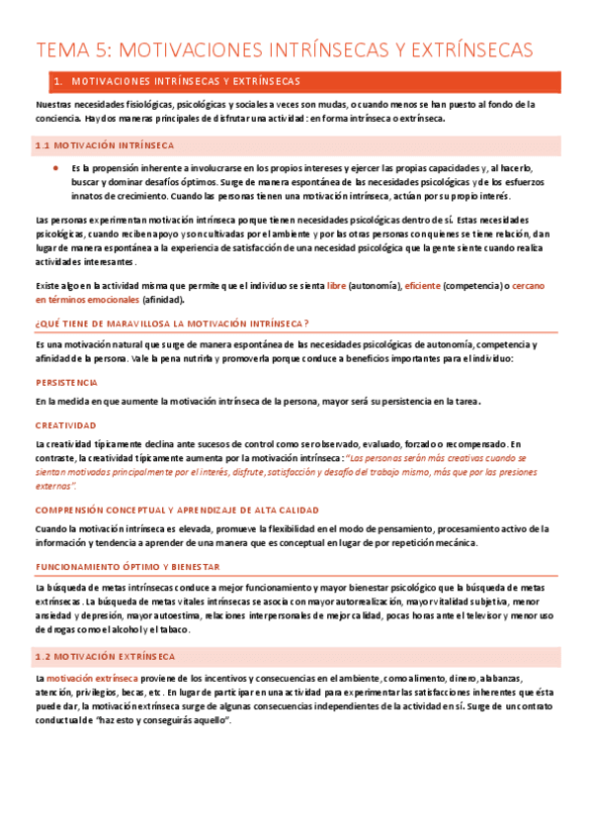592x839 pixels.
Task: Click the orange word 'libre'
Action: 336,285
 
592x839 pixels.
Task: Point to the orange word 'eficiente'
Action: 422,285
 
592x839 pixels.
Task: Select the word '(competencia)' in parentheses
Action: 471,285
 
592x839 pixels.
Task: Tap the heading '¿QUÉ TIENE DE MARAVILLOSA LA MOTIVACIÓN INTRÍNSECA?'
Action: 172,323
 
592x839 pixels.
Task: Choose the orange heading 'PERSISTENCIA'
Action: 66,381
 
